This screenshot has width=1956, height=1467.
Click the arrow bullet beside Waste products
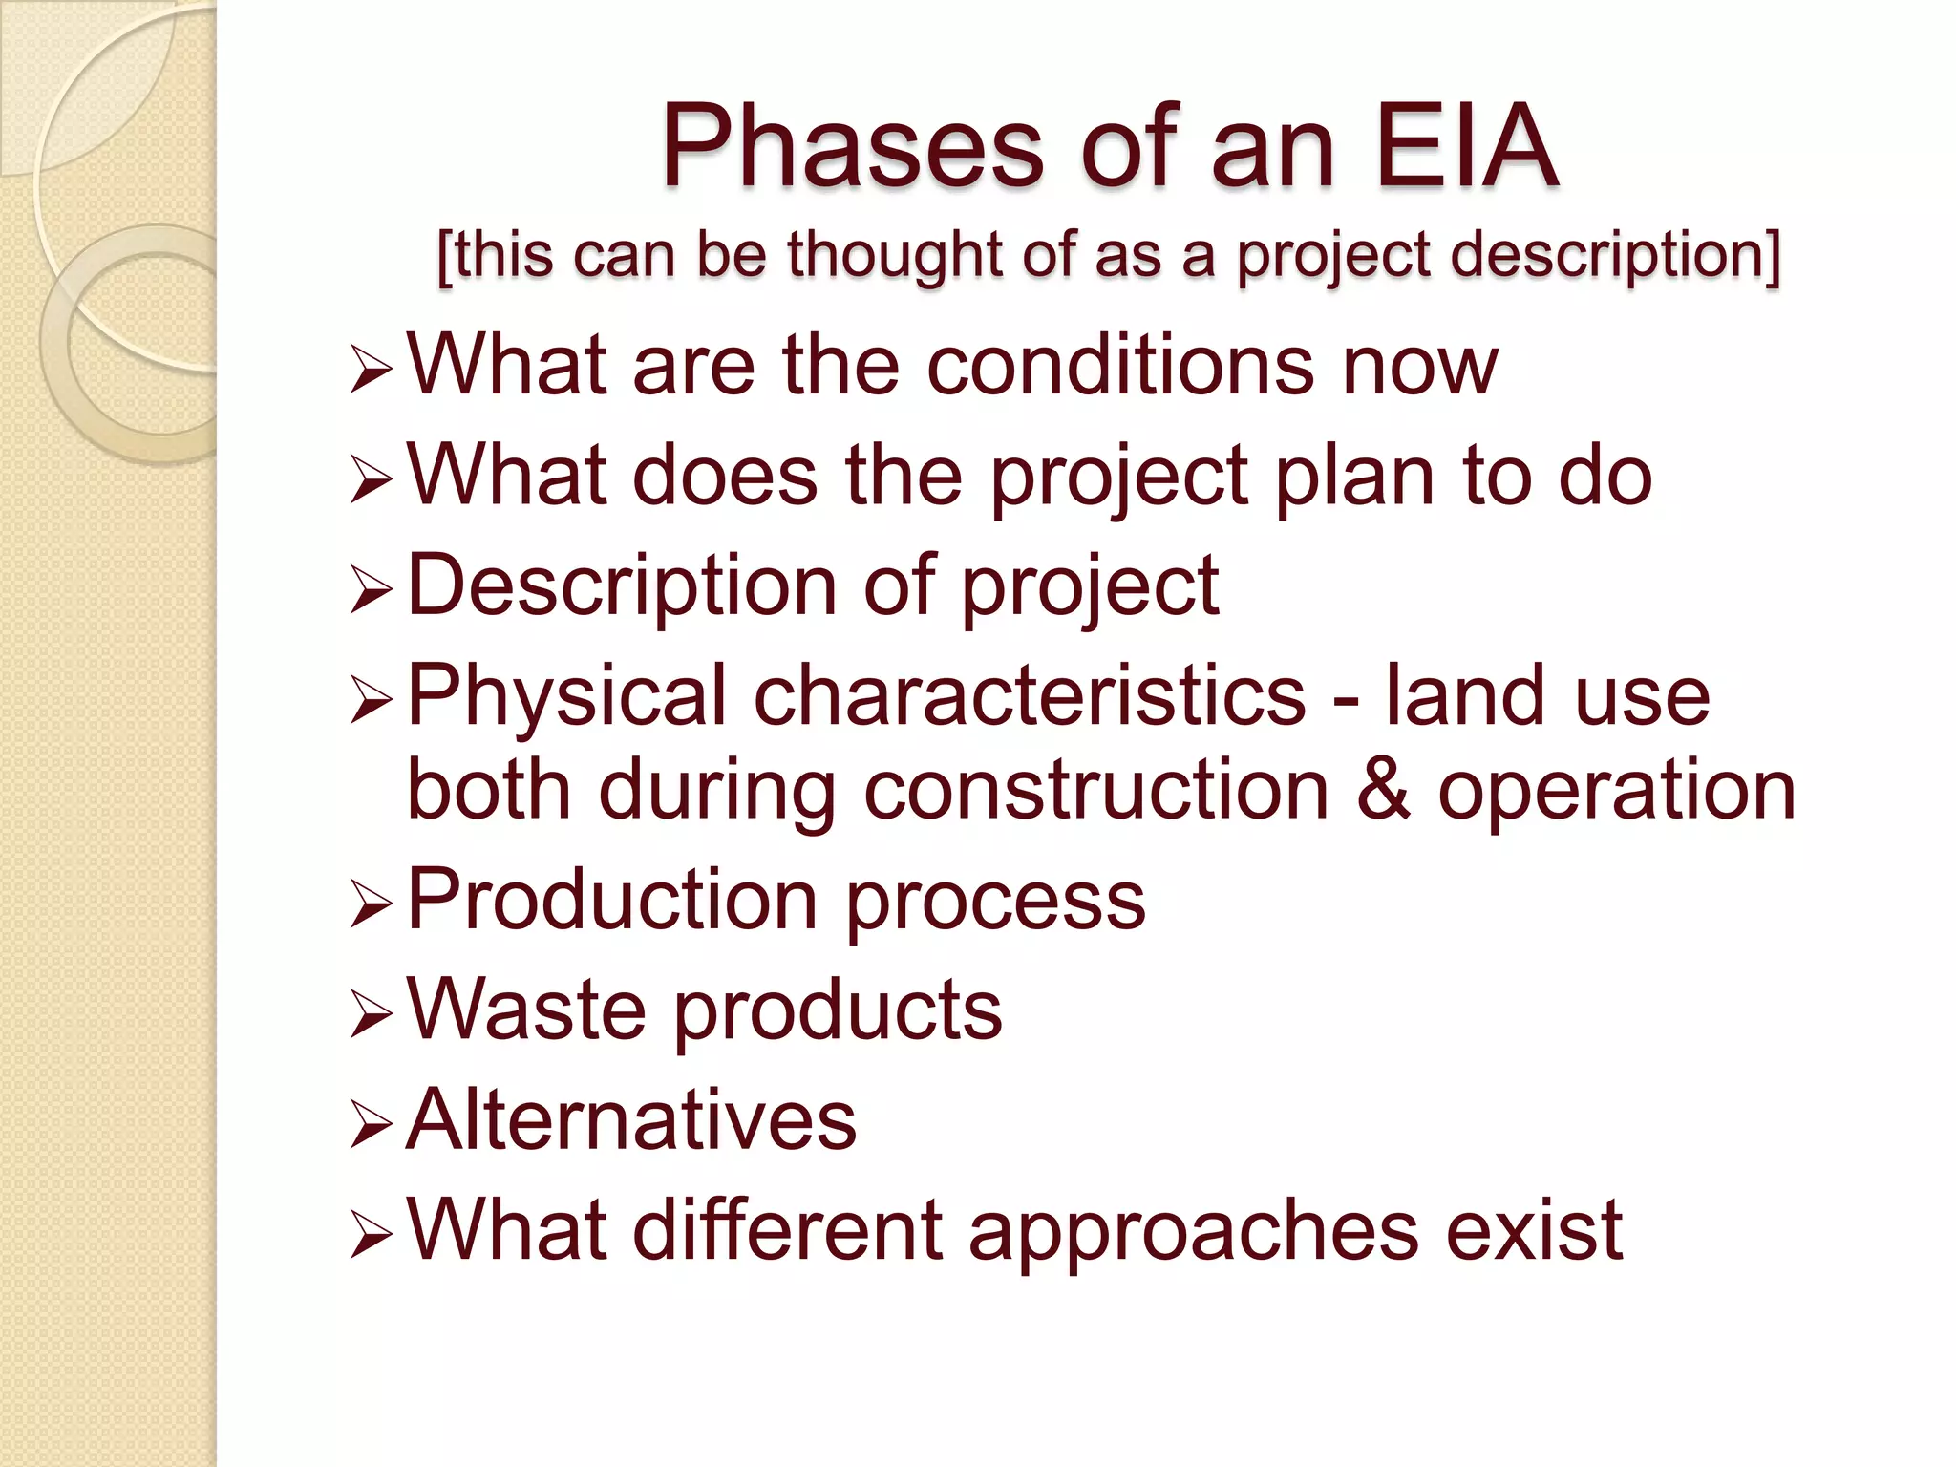[370, 1015]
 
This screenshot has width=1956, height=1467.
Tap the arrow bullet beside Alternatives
[370, 1125]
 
